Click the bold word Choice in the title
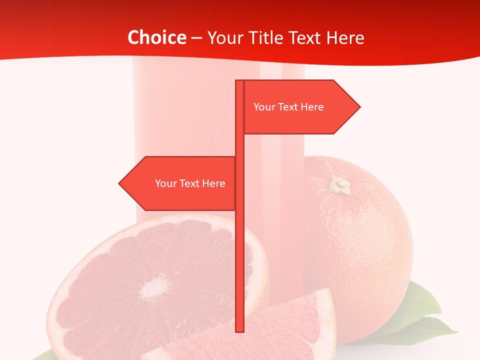coord(156,37)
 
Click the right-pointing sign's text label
coord(288,107)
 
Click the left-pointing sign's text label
coord(190,183)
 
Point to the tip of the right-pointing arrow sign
coord(359,106)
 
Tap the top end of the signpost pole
coord(239,81)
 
